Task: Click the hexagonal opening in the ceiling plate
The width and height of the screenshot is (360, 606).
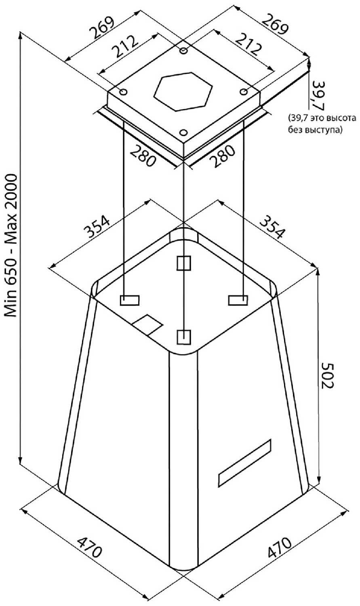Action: click(x=183, y=92)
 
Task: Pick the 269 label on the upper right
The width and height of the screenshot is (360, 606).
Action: click(x=275, y=24)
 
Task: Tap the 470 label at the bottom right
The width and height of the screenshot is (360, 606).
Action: click(x=279, y=548)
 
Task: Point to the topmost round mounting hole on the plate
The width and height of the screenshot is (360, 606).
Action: click(x=184, y=51)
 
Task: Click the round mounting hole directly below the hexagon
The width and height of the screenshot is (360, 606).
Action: click(x=184, y=133)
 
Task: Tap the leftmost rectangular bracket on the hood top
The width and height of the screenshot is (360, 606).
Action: click(x=129, y=301)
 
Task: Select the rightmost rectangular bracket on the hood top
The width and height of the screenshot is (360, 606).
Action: click(x=238, y=300)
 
